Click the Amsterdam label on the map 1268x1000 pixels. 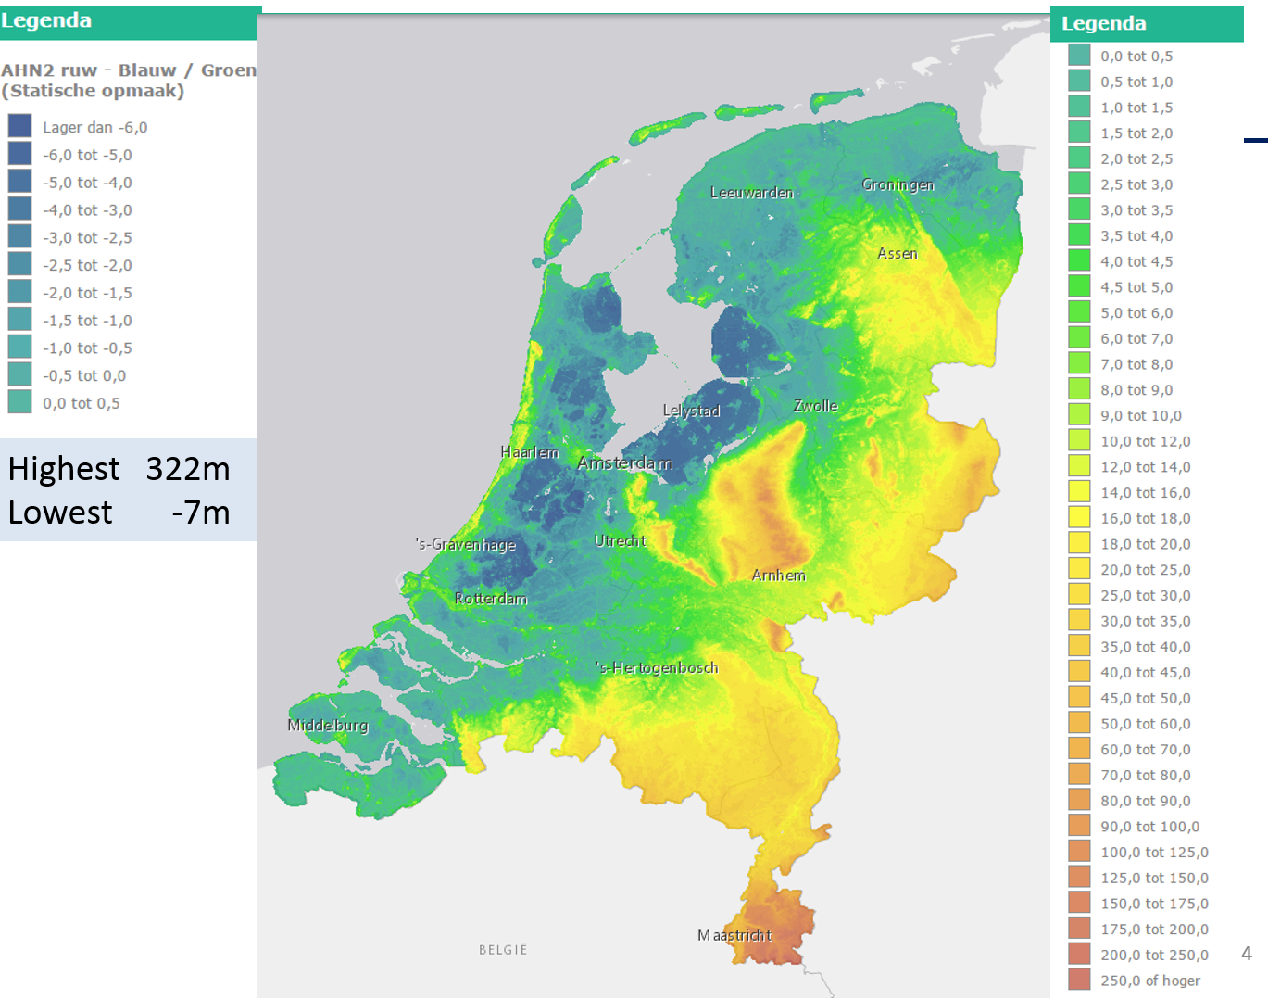coord(625,462)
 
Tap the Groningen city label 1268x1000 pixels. coord(898,184)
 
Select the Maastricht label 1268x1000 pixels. coord(734,935)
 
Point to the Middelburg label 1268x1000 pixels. coord(328,725)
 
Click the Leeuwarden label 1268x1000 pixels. coord(752,193)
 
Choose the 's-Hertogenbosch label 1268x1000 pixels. coord(657,667)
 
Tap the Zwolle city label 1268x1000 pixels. coord(815,406)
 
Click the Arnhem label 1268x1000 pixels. coord(778,576)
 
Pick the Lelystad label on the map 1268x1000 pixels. coord(691,411)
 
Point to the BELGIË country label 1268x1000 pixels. coord(503,950)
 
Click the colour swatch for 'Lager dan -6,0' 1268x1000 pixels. coord(19,126)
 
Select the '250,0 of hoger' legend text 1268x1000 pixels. coord(1149,981)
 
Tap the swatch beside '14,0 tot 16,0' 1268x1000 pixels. coord(1079,492)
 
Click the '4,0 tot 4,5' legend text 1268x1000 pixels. coord(1136,261)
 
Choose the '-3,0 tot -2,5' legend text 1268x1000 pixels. coord(87,237)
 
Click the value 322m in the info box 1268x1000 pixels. coord(188,469)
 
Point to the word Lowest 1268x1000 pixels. coord(60,513)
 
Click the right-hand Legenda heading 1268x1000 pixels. coord(1103,24)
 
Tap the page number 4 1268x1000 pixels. coord(1247,953)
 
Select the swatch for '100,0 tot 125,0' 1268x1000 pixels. coord(1079,852)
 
